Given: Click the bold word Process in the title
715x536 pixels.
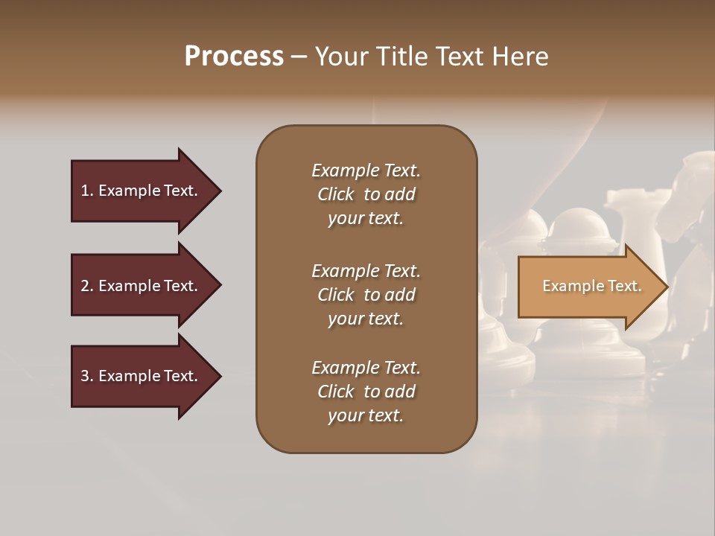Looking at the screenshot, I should click(234, 57).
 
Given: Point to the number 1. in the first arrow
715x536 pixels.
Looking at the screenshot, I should click(87, 191).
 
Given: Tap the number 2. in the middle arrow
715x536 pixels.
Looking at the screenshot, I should click(87, 286).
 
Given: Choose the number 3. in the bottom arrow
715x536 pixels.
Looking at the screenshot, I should click(87, 376).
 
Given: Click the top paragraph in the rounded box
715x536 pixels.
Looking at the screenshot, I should click(366, 194).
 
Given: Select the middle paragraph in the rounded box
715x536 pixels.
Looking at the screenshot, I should click(366, 295).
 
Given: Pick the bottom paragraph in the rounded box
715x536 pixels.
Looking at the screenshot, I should click(366, 392).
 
